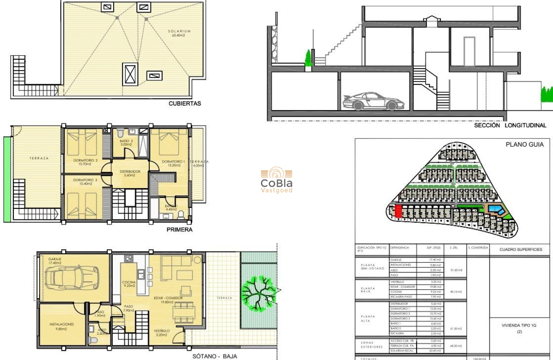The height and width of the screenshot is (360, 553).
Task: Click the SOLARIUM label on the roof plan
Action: point(180,31)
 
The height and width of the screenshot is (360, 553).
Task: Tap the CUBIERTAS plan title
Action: point(185,103)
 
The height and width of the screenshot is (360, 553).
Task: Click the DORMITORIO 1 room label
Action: point(173,162)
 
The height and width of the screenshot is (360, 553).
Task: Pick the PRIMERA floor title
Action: point(179,230)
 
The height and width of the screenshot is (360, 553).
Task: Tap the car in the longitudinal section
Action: point(373,101)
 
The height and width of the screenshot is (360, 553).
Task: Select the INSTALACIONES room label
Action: point(61,324)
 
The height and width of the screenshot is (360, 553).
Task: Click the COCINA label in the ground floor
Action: point(129,282)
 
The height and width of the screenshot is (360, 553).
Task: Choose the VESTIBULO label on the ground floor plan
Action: point(162,331)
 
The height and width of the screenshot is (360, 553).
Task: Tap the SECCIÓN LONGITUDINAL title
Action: point(510,126)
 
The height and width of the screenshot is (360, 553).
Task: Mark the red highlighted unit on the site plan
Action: point(398,211)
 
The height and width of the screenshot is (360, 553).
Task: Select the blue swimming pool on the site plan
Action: point(496,210)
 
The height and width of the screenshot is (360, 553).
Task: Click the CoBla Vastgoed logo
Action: point(276,180)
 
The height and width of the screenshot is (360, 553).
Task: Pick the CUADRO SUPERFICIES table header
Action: point(521,249)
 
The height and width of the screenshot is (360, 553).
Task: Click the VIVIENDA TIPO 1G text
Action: point(519,325)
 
